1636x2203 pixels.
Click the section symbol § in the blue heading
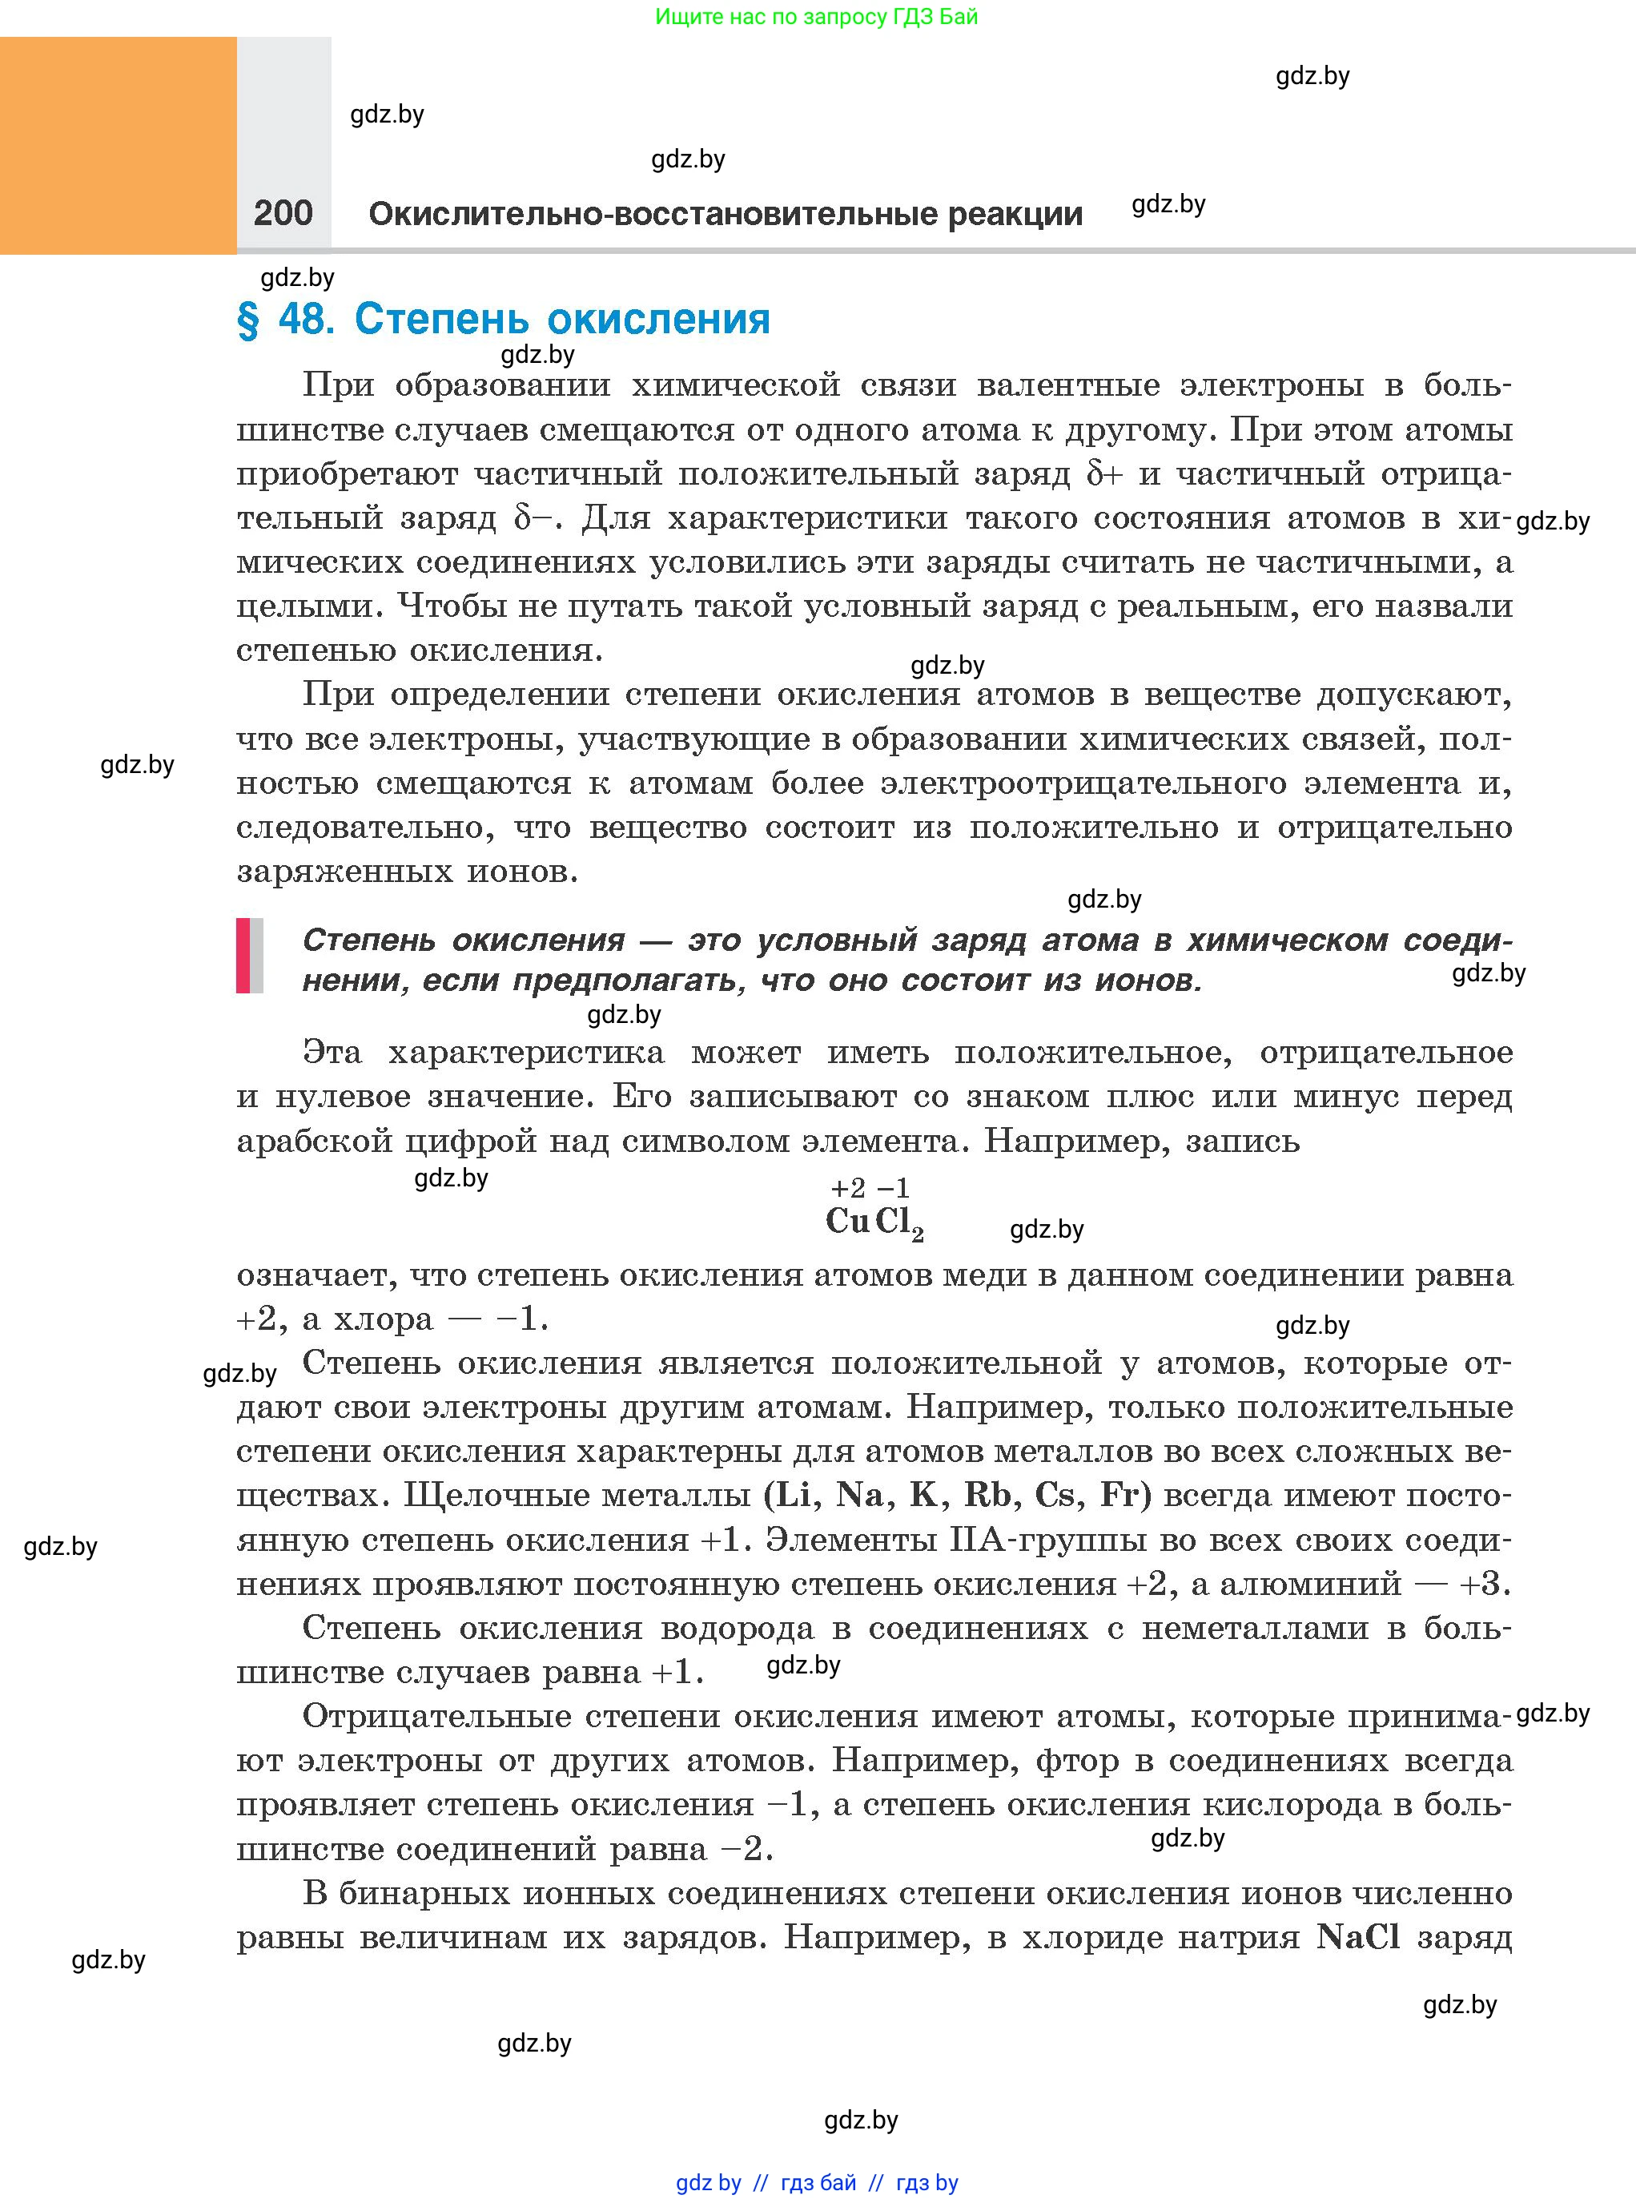[247, 320]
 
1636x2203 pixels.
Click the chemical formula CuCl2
[874, 1222]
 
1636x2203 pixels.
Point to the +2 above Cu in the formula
[848, 1188]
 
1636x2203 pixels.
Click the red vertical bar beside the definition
[243, 956]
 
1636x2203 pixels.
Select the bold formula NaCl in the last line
[1357, 1936]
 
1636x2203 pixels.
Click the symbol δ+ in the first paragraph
[1104, 473]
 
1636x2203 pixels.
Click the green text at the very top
[816, 17]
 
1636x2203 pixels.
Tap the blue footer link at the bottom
[816, 2182]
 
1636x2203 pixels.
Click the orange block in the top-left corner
[118, 146]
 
